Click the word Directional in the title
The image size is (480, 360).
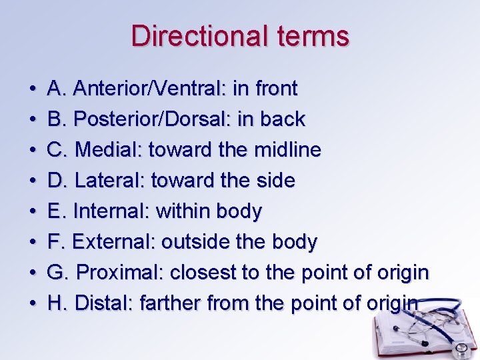189,36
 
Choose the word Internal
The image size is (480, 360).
111,211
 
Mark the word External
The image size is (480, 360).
113,242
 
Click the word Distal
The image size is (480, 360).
105,303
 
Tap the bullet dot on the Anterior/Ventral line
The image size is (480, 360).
33,89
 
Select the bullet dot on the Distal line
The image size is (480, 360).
33,304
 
